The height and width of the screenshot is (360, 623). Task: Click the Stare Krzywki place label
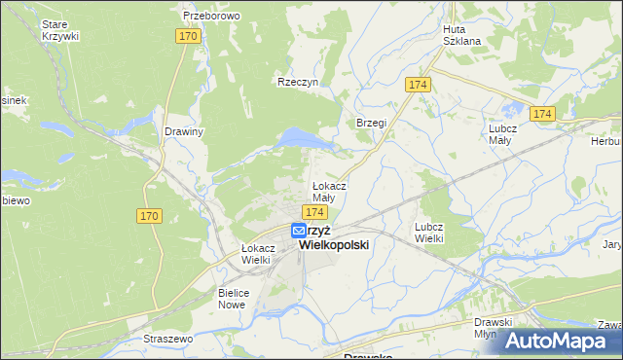pos(60,29)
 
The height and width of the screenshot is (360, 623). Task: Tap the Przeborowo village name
pos(211,17)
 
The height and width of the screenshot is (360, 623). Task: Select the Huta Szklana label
pos(461,35)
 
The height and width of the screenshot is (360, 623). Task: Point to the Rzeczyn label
pos(298,83)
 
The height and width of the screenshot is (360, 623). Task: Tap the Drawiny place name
pos(183,132)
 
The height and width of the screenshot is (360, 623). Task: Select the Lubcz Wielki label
pos(429,232)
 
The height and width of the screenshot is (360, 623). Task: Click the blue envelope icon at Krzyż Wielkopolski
pos(299,231)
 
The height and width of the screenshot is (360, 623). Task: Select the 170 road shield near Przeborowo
pos(189,36)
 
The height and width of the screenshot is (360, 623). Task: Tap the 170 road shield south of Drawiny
pos(149,216)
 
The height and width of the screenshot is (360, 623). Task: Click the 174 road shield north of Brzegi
pos(419,85)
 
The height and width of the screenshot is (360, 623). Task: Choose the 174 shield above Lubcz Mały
pos(542,115)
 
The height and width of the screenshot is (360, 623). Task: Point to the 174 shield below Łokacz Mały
pos(312,211)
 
